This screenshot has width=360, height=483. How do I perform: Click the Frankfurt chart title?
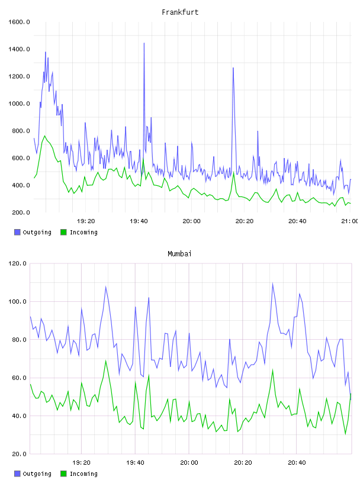pos(180,12)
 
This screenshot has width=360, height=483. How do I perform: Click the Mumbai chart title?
pos(179,254)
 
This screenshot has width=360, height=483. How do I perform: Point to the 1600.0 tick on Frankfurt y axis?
pos(19,22)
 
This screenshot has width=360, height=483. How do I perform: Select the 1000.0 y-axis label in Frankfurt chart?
pos(19,104)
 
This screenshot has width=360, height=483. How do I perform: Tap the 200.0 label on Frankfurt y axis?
pos(21,212)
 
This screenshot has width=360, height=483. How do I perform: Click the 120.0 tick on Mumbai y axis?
pos(17,263)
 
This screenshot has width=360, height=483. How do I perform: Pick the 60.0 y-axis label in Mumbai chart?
pos(19,378)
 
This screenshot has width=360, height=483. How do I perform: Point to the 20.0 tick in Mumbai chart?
pos(19,454)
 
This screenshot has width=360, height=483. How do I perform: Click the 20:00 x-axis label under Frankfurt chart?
pos(191,221)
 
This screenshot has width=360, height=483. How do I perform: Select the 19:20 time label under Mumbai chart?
pos(81,463)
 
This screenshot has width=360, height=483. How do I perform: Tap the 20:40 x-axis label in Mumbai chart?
pos(297,463)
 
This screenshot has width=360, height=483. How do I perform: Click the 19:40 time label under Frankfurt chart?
pos(139,221)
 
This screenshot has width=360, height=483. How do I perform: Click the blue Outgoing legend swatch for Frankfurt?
pos(17,232)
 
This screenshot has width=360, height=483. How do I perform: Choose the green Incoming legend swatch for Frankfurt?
pos(63,232)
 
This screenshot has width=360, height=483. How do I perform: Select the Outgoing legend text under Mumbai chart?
pos(37,474)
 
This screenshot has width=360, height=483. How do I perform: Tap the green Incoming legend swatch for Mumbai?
pos(63,474)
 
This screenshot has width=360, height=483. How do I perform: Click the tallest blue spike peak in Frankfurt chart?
pos(144,43)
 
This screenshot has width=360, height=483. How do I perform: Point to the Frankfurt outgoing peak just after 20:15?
pos(233,67)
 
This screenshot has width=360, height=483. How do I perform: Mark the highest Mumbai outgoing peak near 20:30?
pos(272,284)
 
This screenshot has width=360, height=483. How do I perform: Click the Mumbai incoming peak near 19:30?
pos(106,360)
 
